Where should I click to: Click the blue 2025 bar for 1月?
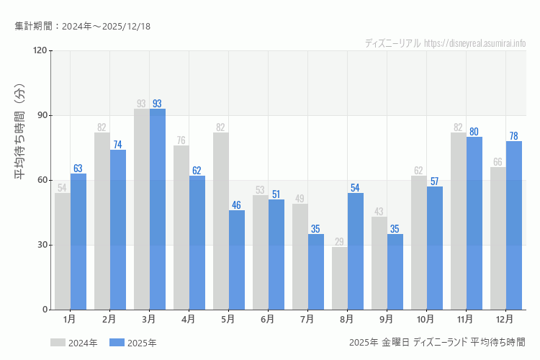78,241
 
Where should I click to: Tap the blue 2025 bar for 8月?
356,251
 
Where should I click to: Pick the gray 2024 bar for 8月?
340,278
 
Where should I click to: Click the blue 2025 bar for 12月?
514,225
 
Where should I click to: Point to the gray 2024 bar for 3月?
142,209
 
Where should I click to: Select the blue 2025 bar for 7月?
316,271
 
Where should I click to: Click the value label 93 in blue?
157,104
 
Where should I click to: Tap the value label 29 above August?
340,242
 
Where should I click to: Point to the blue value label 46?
236,205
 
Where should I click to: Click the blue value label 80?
474,132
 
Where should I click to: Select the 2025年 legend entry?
133,343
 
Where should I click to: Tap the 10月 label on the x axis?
426,318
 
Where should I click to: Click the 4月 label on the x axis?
189,318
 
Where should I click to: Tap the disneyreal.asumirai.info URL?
475,43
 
